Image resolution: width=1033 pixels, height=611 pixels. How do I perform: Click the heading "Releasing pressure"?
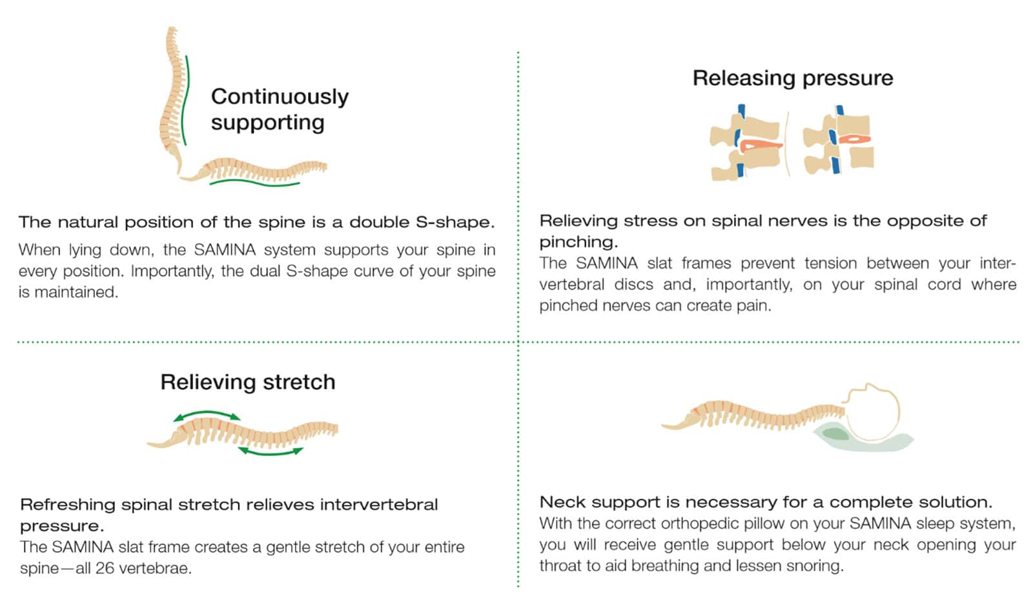pyautogui.click(x=792, y=78)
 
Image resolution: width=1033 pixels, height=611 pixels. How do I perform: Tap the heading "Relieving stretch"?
pyautogui.click(x=248, y=382)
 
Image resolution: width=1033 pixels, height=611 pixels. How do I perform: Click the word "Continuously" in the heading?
pyautogui.click(x=280, y=97)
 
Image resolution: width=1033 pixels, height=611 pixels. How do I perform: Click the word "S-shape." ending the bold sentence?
pyautogui.click(x=455, y=222)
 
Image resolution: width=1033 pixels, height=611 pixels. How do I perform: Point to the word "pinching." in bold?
pyautogui.click(x=578, y=242)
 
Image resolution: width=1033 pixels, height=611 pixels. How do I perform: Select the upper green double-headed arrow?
pyautogui.click(x=207, y=415)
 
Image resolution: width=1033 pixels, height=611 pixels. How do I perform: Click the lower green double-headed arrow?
pyautogui.click(x=271, y=452)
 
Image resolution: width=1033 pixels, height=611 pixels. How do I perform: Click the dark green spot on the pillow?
pyautogui.click(x=835, y=433)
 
